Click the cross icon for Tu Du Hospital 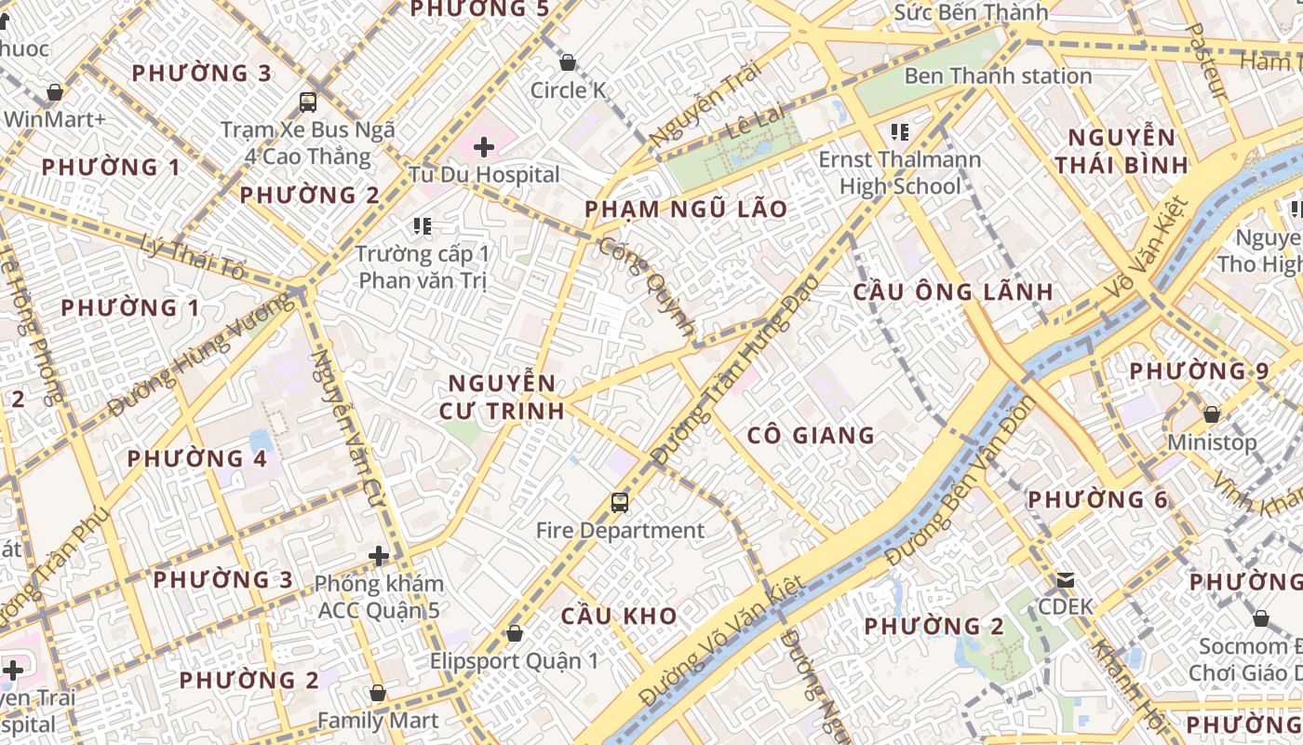pos(483,146)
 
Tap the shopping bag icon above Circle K pos(567,62)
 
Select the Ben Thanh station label pos(998,76)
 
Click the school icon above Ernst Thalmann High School pos(899,132)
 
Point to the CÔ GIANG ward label pos(811,435)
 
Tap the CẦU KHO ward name pos(619,616)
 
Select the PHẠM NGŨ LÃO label pos(686,210)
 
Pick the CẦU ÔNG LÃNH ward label pos(953,291)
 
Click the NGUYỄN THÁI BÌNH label pos(1121,152)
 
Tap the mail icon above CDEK pos(1066,580)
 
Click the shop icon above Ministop pos(1211,413)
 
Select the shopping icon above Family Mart pos(377,693)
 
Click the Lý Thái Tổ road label pos(195,258)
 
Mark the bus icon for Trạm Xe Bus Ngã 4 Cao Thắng pos(307,102)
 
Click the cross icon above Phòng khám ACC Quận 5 pos(379,556)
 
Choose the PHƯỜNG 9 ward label pos(1199,371)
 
